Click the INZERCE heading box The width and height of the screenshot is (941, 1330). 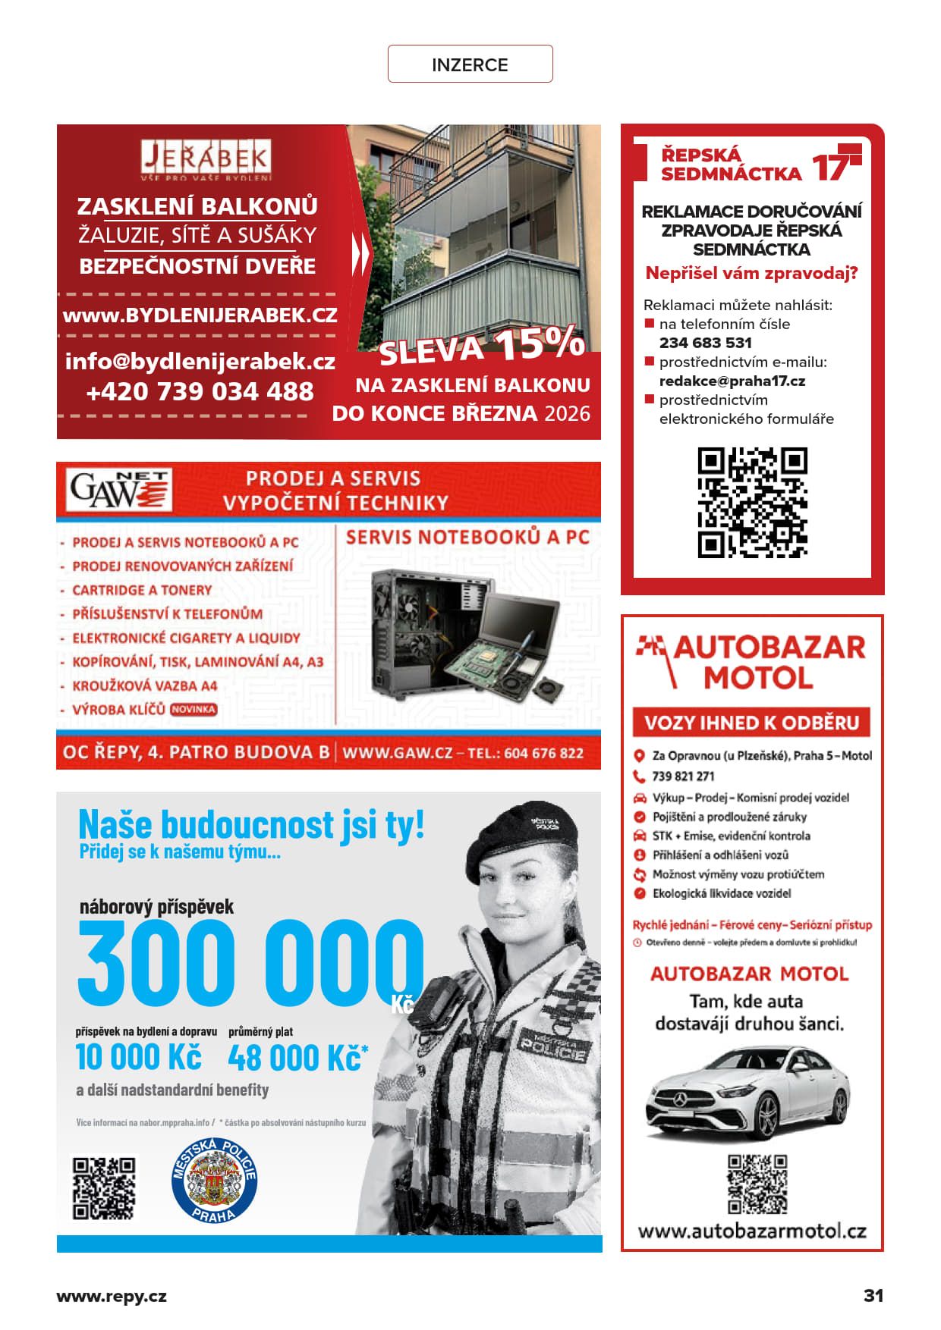pyautogui.click(x=470, y=64)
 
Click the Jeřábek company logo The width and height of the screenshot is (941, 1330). pyautogui.click(x=206, y=160)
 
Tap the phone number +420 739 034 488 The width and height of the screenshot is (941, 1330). pyautogui.click(x=200, y=391)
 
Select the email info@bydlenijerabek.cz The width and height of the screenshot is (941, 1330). pyautogui.click(x=200, y=361)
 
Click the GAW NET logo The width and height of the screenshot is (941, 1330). pyautogui.click(x=119, y=490)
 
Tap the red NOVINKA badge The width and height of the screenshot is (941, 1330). pyautogui.click(x=194, y=710)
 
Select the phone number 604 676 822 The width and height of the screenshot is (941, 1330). pyautogui.click(x=543, y=753)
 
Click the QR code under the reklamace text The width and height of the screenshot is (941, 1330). pyautogui.click(x=752, y=503)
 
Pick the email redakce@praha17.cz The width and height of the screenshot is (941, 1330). pyautogui.click(x=732, y=381)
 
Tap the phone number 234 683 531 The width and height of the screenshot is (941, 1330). pyautogui.click(x=705, y=343)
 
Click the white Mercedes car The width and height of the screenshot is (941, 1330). pyautogui.click(x=747, y=1092)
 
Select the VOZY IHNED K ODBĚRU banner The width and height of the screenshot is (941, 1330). pyautogui.click(x=751, y=722)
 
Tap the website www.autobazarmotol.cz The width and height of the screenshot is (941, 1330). pyautogui.click(x=751, y=1231)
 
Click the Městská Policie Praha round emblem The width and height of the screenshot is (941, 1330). pyautogui.click(x=214, y=1181)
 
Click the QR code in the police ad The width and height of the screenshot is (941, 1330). pyautogui.click(x=104, y=1187)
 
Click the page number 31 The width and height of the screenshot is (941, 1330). pyautogui.click(x=873, y=1295)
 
